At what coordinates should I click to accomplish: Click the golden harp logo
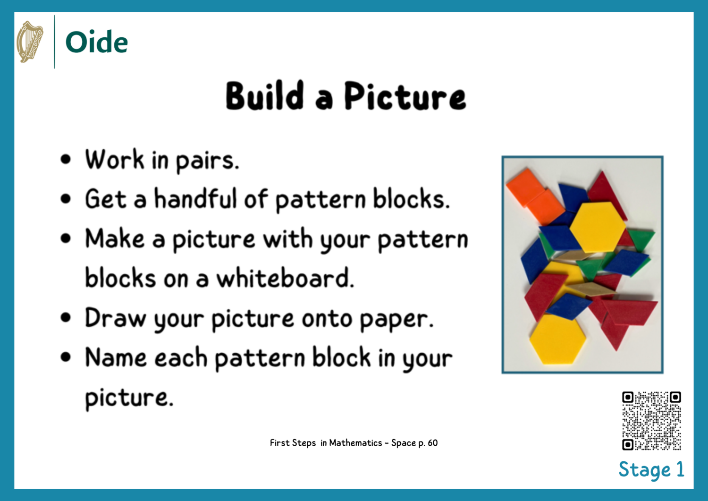point(29,42)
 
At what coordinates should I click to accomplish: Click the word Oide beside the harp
point(96,42)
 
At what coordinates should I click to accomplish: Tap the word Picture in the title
point(405,96)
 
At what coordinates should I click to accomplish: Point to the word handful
point(195,199)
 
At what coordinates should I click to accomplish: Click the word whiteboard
point(285,278)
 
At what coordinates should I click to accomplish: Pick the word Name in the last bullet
point(115,357)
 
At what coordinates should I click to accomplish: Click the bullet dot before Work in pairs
point(66,160)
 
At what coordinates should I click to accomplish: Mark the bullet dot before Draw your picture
point(66,317)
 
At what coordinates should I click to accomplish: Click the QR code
point(651,421)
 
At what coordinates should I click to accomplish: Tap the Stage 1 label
point(651,470)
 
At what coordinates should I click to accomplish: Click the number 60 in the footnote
point(432,443)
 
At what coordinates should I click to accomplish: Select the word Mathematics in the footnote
point(355,443)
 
